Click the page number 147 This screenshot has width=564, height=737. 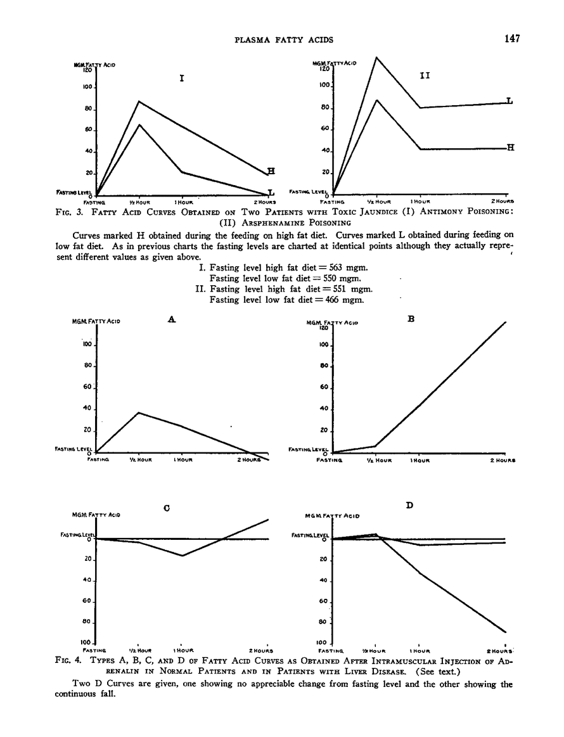(512, 39)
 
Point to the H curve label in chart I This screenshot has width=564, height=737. (271, 171)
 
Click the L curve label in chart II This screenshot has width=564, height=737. (510, 101)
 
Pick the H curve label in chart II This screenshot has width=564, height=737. (510, 148)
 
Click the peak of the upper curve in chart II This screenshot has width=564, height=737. (376, 58)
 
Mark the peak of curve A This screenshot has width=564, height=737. (139, 413)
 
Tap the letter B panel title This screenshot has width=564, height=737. (411, 320)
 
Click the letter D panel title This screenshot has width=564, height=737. (410, 505)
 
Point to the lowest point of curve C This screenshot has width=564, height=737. (183, 556)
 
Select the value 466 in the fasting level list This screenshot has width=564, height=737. (330, 300)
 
